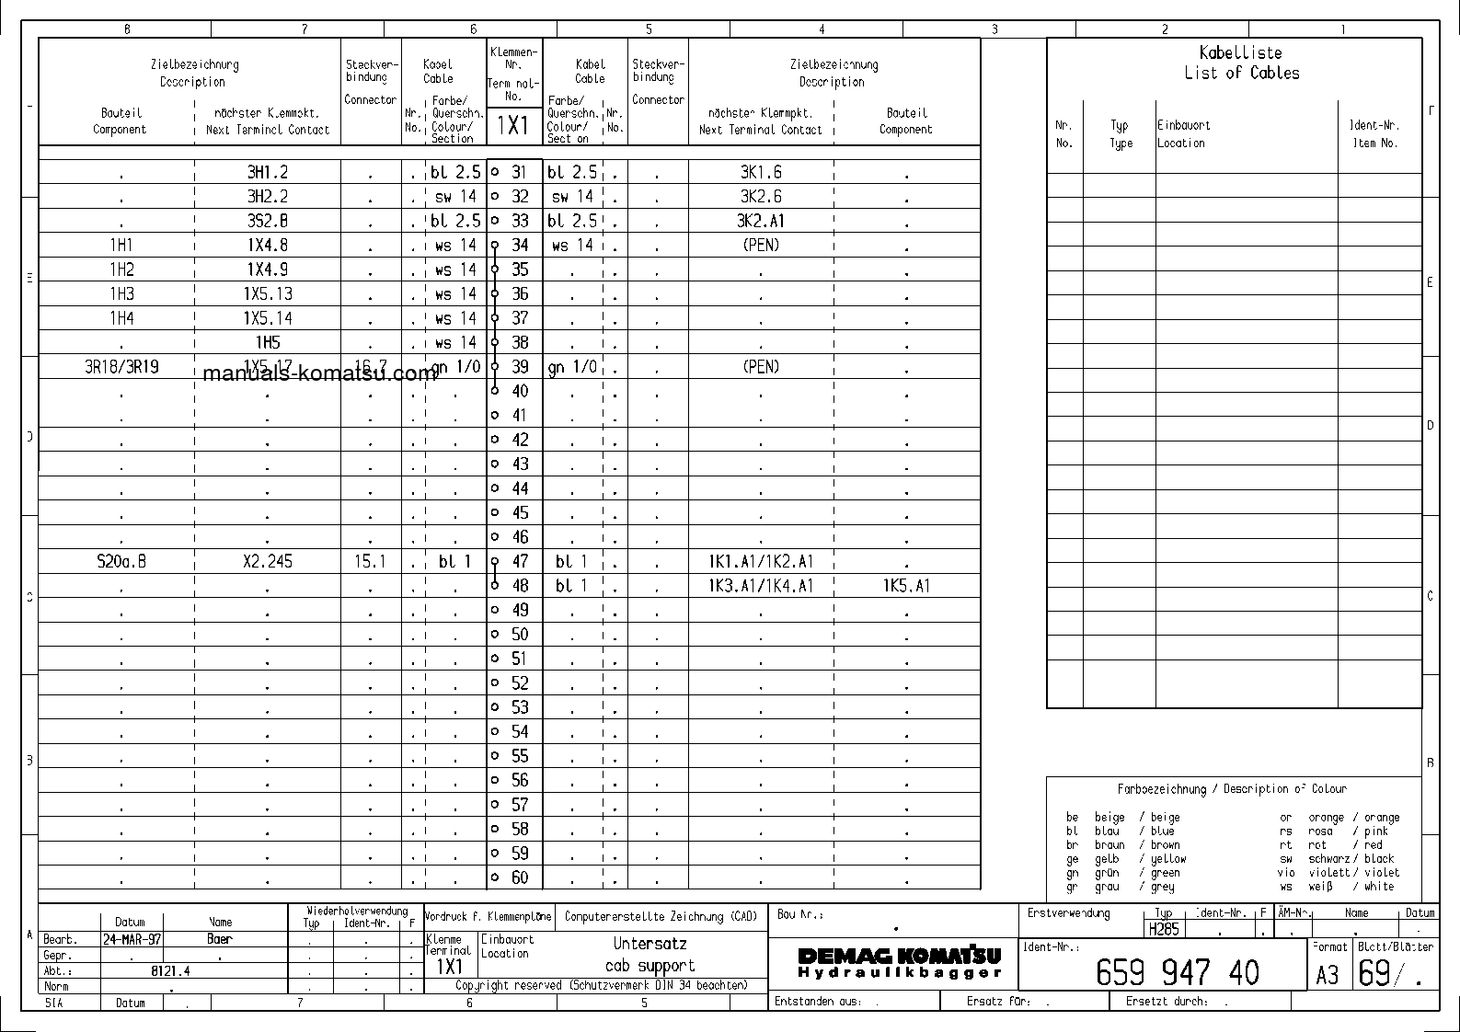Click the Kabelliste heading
click(1240, 53)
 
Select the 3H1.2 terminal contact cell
click(267, 172)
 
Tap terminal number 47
click(520, 561)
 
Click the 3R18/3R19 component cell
click(121, 367)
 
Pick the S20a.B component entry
click(121, 561)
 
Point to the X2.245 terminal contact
click(267, 561)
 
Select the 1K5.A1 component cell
click(906, 586)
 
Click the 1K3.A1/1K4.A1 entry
click(761, 586)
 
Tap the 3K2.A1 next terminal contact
click(761, 221)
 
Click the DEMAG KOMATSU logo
click(898, 963)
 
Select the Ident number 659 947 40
click(1177, 973)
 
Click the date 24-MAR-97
click(132, 939)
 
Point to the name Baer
click(220, 939)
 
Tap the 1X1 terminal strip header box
click(513, 125)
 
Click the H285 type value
click(1164, 929)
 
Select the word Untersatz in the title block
click(650, 944)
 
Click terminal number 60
click(520, 877)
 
